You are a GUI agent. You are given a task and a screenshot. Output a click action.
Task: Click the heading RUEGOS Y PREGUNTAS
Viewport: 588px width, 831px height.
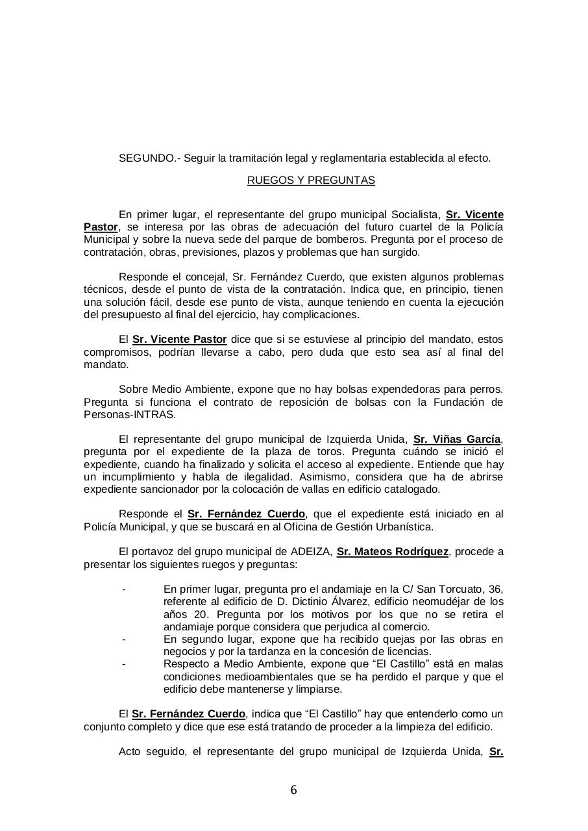311,180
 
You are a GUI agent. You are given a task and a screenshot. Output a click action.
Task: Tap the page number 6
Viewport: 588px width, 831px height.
293,790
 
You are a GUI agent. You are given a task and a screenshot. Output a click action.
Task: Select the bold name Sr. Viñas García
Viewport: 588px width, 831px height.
457,440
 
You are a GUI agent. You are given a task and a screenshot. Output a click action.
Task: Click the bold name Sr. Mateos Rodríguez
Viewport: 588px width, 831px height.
392,552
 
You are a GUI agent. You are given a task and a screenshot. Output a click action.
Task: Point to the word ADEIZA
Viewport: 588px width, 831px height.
313,552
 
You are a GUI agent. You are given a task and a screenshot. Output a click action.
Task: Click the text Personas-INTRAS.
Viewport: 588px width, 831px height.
130,414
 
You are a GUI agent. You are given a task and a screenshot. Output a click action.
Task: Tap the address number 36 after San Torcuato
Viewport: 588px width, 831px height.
495,589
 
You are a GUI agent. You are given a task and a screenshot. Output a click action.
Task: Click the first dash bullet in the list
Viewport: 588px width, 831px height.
123,589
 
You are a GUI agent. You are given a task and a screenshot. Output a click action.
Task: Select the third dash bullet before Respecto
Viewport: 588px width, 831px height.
123,664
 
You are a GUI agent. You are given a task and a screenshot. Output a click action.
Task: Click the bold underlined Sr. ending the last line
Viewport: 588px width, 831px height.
496,752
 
